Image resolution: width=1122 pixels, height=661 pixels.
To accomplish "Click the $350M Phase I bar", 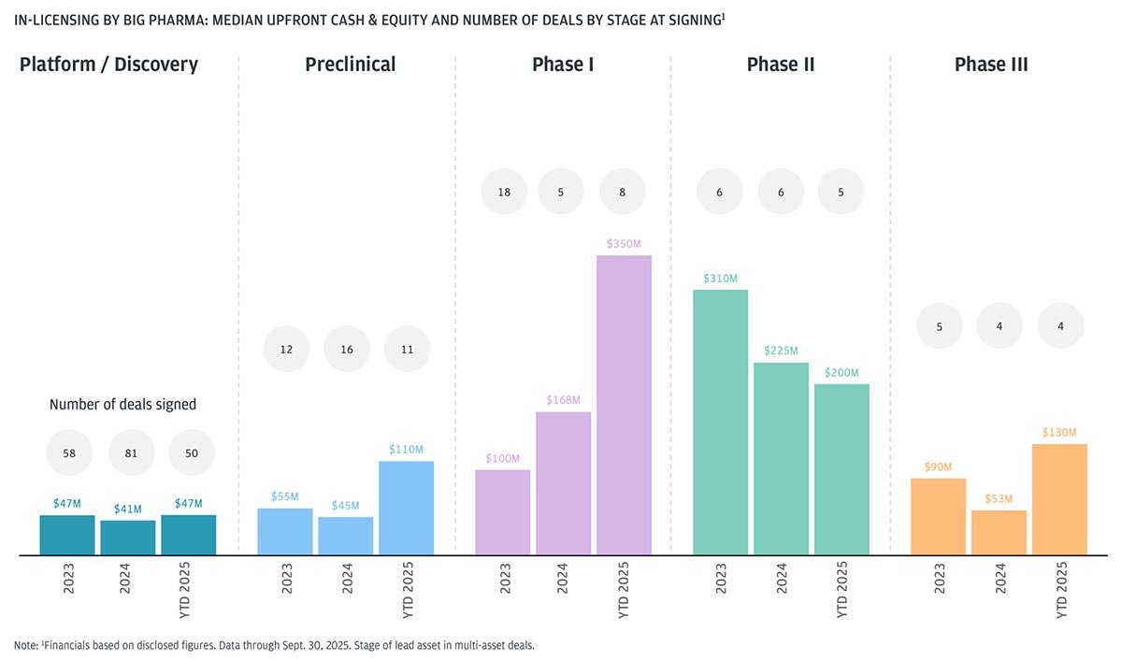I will (624, 405).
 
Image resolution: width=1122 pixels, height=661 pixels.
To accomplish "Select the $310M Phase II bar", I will (720, 422).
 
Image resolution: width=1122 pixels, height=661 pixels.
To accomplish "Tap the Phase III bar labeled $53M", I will (999, 532).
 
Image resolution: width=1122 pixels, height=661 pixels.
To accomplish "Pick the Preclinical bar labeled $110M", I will (406, 508).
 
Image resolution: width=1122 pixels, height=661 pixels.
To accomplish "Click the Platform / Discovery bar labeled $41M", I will (128, 538).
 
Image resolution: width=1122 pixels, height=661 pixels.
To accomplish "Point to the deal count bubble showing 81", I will (132, 453).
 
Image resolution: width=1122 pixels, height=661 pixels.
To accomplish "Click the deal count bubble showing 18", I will (504, 192).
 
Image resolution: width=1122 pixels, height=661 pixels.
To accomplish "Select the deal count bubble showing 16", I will (347, 349).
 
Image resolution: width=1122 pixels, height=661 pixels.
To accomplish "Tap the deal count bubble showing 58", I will (69, 453).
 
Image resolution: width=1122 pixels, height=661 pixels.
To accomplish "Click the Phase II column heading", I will (781, 65).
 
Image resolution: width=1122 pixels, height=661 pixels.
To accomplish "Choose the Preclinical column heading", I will (350, 65).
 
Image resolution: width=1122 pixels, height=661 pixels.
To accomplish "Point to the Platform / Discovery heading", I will (109, 65).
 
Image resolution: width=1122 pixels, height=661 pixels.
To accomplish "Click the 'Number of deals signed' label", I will (122, 405).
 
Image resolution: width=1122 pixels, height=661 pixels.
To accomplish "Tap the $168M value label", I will (563, 400).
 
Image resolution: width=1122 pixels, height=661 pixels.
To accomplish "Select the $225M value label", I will (781, 351).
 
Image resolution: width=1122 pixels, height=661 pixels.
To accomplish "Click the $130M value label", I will (1059, 432).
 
